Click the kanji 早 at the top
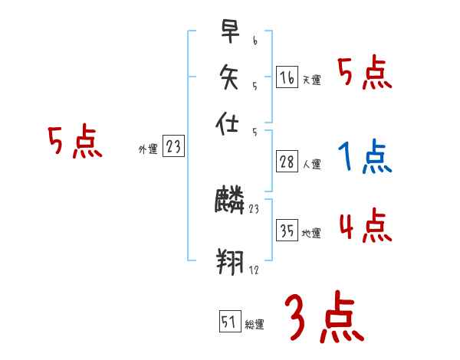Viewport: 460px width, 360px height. click(230, 32)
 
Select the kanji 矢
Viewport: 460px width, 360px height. click(230, 77)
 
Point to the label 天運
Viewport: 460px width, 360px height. click(311, 80)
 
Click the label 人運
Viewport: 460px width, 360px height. click(312, 164)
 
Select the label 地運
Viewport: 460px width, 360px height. click(312, 234)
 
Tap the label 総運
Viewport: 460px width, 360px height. click(255, 324)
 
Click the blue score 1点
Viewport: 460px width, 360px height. click(364, 158)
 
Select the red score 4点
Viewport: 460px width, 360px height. click(364, 227)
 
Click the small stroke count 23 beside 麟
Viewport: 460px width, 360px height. click(255, 208)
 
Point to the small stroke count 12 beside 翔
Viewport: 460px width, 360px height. click(254, 271)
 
